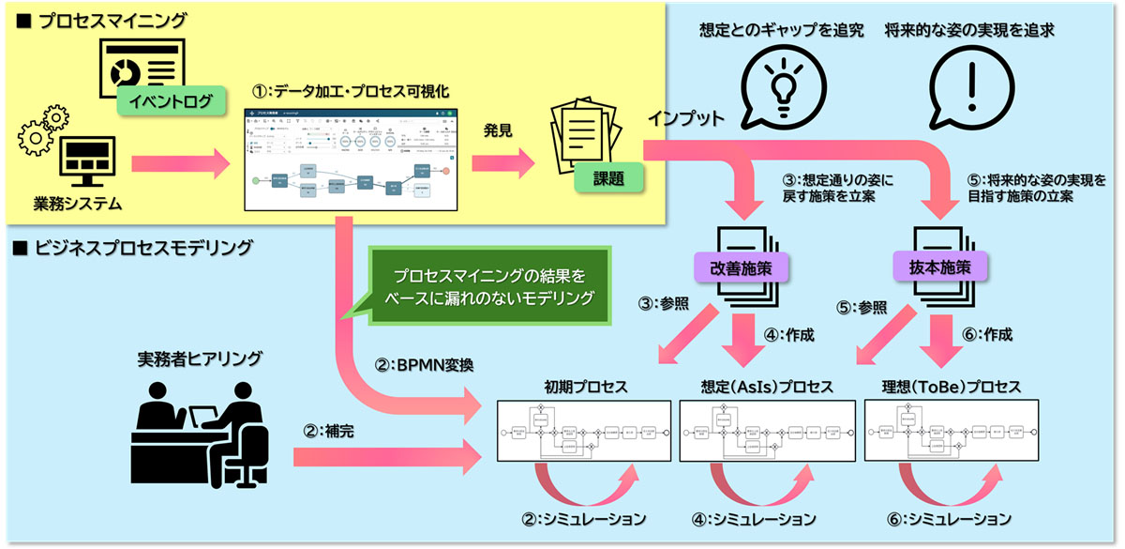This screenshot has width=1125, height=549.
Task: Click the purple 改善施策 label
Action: point(740,267)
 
